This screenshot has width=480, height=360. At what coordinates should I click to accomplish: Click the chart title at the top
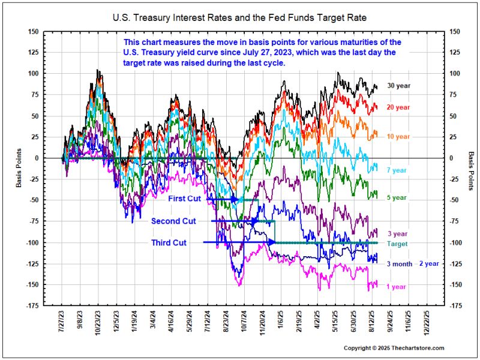239,18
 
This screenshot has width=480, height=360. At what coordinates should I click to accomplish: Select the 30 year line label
398,86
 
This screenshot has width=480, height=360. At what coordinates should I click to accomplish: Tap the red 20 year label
398,107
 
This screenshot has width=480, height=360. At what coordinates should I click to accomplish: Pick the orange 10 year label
398,136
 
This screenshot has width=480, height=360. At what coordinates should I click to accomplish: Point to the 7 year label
396,171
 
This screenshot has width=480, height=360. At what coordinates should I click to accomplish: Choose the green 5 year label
396,197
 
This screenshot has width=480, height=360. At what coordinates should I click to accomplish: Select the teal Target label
397,244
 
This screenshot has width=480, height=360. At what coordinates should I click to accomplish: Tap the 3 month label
399,264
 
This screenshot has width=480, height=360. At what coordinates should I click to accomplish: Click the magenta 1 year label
396,287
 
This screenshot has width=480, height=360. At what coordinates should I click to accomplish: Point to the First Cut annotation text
186,199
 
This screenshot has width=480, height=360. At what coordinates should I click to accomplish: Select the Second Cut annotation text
173,221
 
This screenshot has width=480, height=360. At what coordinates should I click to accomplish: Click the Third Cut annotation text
169,242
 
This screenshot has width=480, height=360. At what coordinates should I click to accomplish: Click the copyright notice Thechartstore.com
394,348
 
